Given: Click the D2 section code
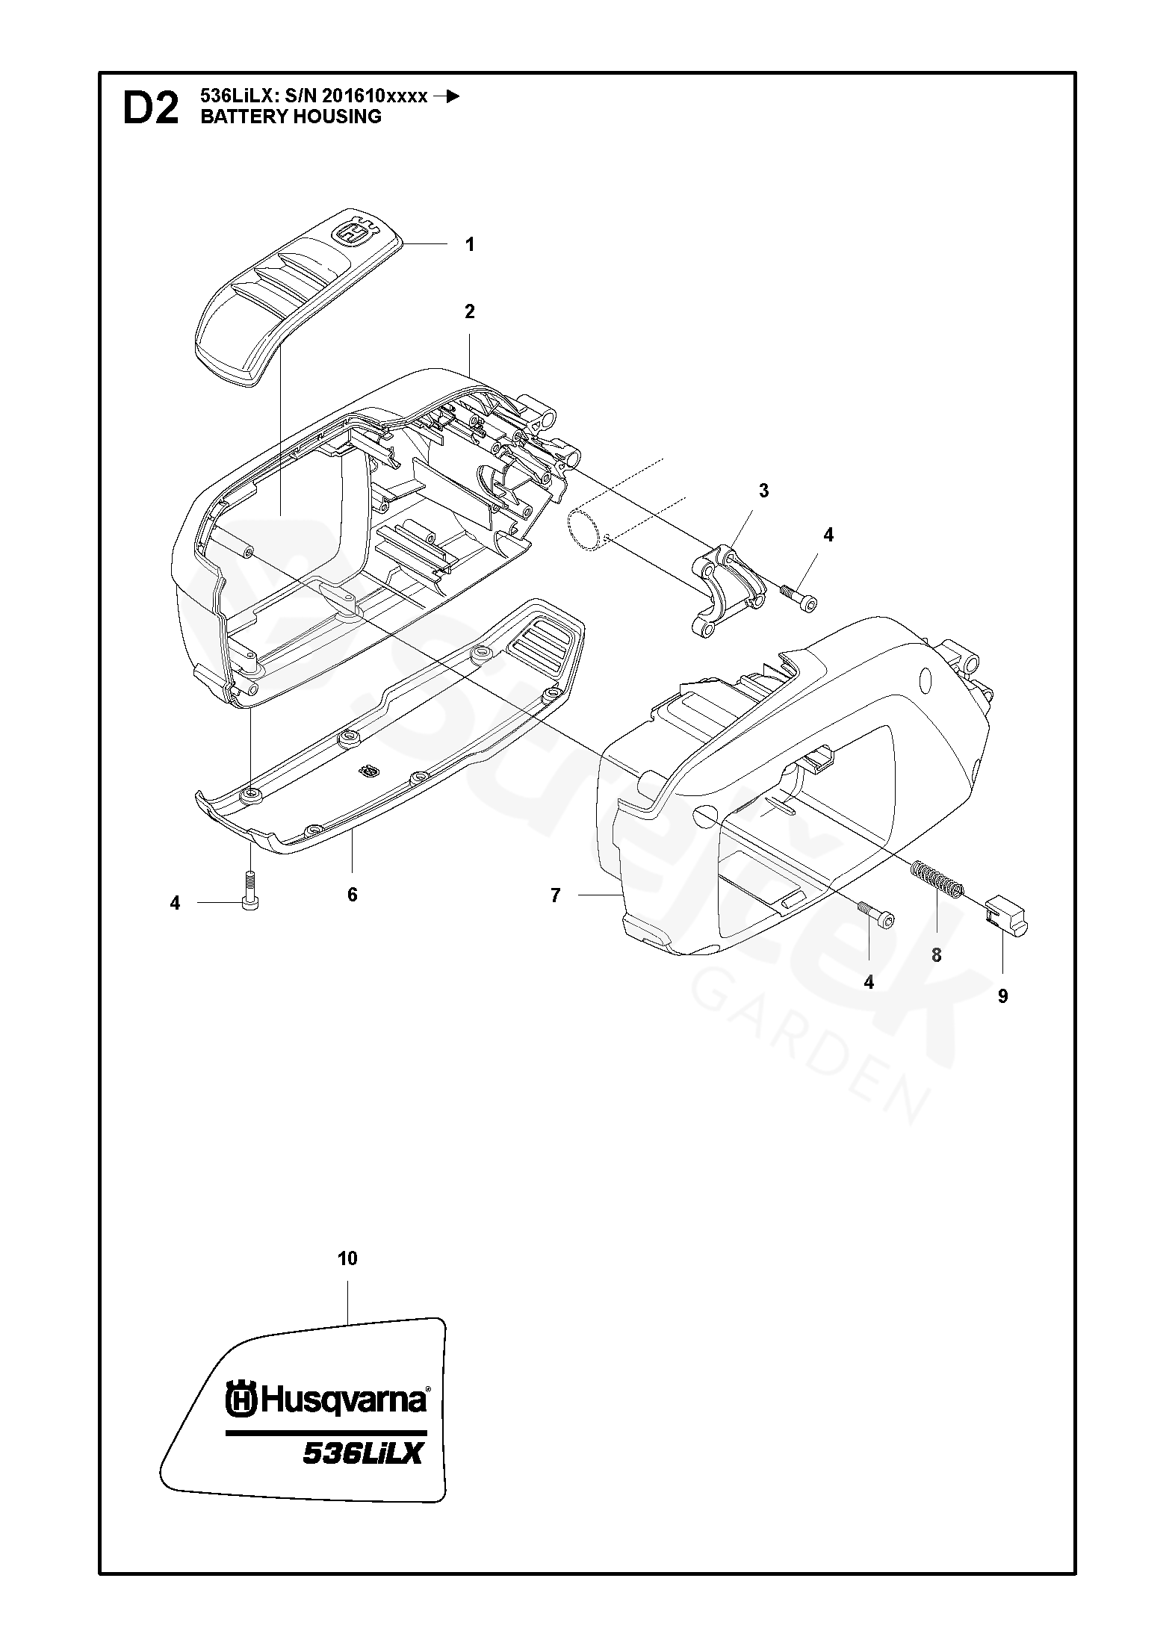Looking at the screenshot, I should coord(150,109).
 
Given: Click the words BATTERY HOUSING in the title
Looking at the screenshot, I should coord(291,117).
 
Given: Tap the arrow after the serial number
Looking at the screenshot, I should coord(447,96).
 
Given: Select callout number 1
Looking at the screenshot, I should coord(469,244).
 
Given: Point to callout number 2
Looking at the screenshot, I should coord(469,311).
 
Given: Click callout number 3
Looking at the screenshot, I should coord(763,491).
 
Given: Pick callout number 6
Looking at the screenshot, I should coord(353,894).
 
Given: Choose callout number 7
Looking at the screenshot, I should coord(555,895).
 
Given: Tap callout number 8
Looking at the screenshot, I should coord(936,954).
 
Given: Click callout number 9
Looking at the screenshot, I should coord(1002,996).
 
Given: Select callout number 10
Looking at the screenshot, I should coord(347,1258).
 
